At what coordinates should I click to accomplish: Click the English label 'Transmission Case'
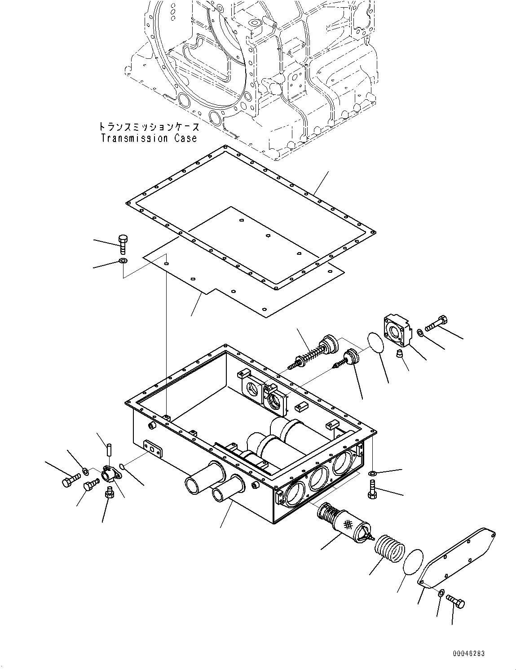(149, 138)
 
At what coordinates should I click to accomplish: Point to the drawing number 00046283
(468, 654)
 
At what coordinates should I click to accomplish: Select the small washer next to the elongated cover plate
(441, 594)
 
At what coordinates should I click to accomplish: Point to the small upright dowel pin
(109, 448)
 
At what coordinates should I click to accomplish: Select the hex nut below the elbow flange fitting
(108, 495)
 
